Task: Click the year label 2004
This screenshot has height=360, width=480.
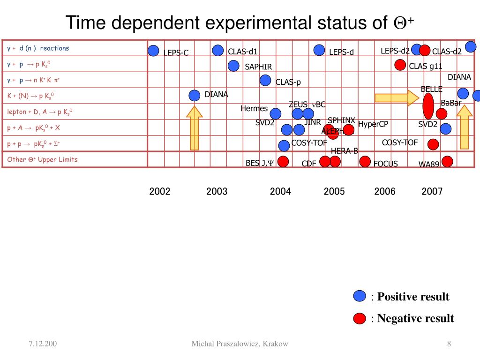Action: [x=280, y=191]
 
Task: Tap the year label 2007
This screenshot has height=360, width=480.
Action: [x=432, y=191]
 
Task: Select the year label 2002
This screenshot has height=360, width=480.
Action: [x=160, y=191]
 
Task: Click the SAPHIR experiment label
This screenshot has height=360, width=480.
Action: [x=258, y=67]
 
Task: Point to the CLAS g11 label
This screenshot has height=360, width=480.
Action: [x=426, y=66]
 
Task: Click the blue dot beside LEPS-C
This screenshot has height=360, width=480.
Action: [x=153, y=51]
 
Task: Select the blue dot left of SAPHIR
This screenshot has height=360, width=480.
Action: [x=233, y=66]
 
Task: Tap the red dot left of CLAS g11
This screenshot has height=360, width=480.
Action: [x=400, y=65]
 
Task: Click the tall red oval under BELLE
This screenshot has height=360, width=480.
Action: [x=428, y=106]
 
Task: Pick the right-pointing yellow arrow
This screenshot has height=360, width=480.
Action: [x=397, y=97]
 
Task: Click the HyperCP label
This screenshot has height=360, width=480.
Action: [x=373, y=124]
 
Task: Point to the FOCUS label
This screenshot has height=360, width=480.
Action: [x=385, y=164]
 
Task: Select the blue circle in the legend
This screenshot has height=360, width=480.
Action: [x=360, y=296]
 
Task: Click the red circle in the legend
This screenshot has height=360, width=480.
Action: [x=360, y=318]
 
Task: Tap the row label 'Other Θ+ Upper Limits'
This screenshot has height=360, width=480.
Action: [x=42, y=159]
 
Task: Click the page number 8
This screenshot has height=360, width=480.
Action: [x=449, y=344]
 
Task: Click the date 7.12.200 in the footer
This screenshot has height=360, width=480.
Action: [x=42, y=344]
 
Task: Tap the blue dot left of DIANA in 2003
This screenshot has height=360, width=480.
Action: [x=195, y=96]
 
